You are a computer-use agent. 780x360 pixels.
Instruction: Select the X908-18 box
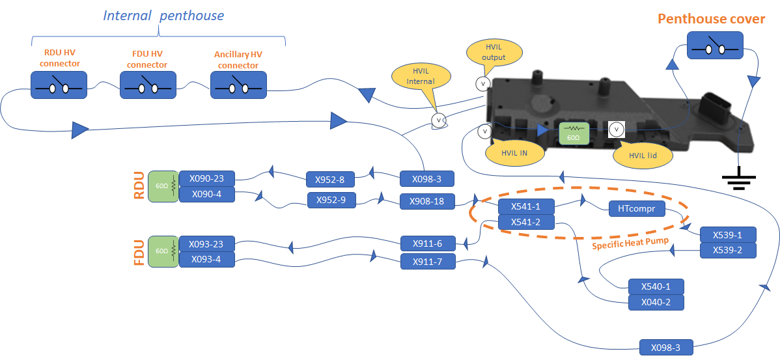(x=426, y=202)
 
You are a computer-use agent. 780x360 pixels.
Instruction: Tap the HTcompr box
(x=637, y=209)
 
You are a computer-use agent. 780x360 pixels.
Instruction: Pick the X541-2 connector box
(x=525, y=223)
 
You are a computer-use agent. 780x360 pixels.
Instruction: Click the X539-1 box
(x=727, y=235)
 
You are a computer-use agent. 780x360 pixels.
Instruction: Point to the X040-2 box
(x=656, y=302)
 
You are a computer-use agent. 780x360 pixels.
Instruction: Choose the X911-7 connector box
(x=426, y=262)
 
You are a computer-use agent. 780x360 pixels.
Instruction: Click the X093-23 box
(x=206, y=245)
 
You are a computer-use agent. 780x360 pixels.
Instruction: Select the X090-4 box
(x=206, y=193)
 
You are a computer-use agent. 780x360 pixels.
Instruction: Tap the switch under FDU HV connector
(x=148, y=85)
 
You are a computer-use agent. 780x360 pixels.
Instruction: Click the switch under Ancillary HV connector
(x=238, y=85)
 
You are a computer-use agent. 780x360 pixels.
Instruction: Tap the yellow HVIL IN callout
(x=514, y=153)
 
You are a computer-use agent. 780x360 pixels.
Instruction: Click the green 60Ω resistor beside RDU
(x=162, y=186)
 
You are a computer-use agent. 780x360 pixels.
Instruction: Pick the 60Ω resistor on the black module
(x=574, y=133)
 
